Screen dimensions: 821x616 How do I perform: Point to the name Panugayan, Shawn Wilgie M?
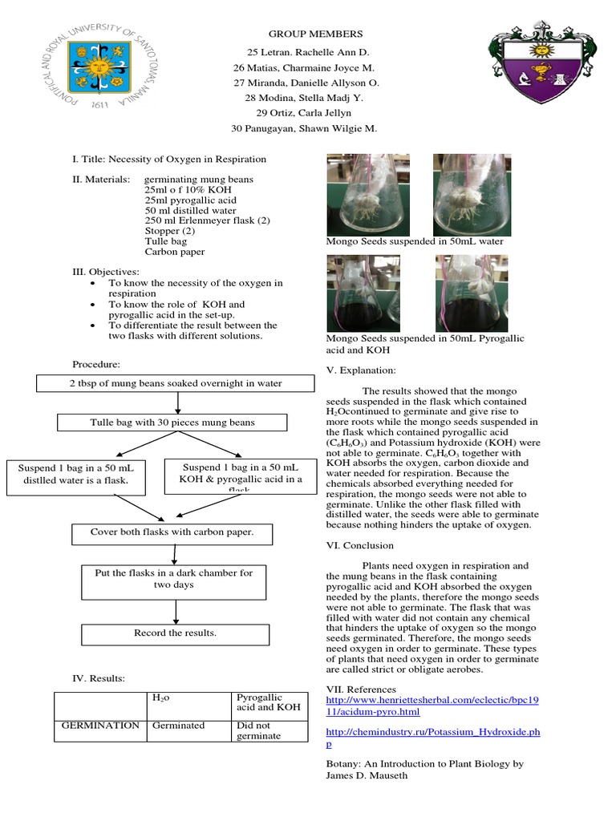[304, 127]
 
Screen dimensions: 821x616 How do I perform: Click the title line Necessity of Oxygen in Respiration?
[169, 159]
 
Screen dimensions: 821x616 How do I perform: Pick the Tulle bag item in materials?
[166, 241]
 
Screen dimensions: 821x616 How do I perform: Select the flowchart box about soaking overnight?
[175, 383]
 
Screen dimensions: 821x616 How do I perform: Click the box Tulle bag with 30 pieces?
[173, 422]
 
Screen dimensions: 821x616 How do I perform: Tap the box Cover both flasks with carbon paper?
[172, 532]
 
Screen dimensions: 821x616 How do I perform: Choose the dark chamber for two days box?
[174, 579]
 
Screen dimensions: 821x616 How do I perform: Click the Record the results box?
[174, 633]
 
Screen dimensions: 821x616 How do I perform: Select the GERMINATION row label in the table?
[100, 726]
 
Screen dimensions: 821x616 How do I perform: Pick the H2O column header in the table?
[160, 698]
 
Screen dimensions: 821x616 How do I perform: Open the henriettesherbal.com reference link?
[432, 706]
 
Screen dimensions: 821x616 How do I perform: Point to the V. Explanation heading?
[360, 370]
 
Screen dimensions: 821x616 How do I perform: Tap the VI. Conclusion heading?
[359, 545]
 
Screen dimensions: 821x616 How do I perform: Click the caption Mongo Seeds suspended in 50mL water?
[415, 241]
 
